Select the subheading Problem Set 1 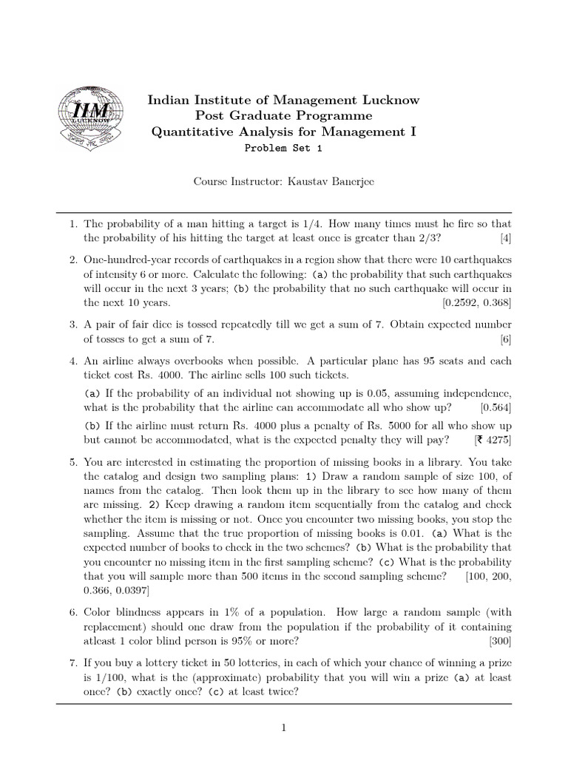coord(283,147)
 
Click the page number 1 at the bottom coord(283,728)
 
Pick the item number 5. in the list coord(74,462)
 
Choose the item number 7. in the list coord(74,662)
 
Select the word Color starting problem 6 coord(98,612)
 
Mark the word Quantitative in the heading coord(190,132)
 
